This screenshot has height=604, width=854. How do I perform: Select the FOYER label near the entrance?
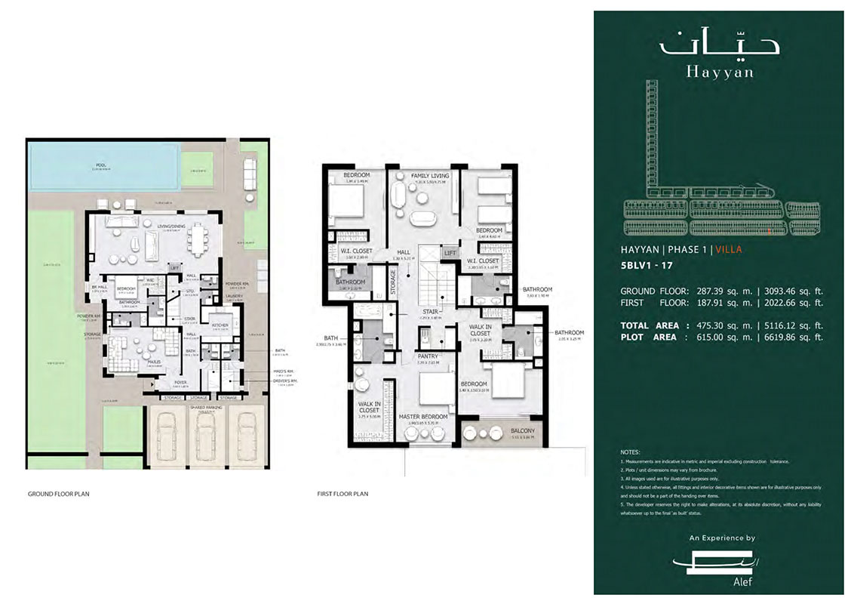[180, 383]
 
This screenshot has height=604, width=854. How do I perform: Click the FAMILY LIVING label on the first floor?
[430, 176]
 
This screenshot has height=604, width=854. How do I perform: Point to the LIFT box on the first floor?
[450, 254]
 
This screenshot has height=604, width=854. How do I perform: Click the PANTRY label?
[428, 356]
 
